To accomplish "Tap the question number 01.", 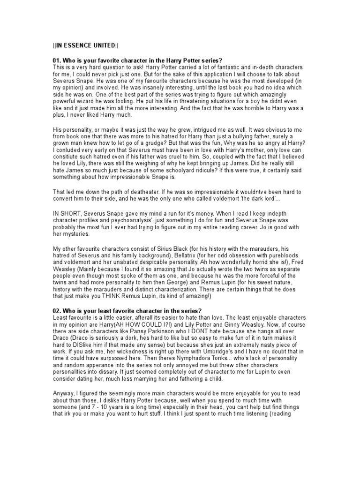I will click(x=57, y=61).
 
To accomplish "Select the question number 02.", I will click(x=57, y=311).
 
